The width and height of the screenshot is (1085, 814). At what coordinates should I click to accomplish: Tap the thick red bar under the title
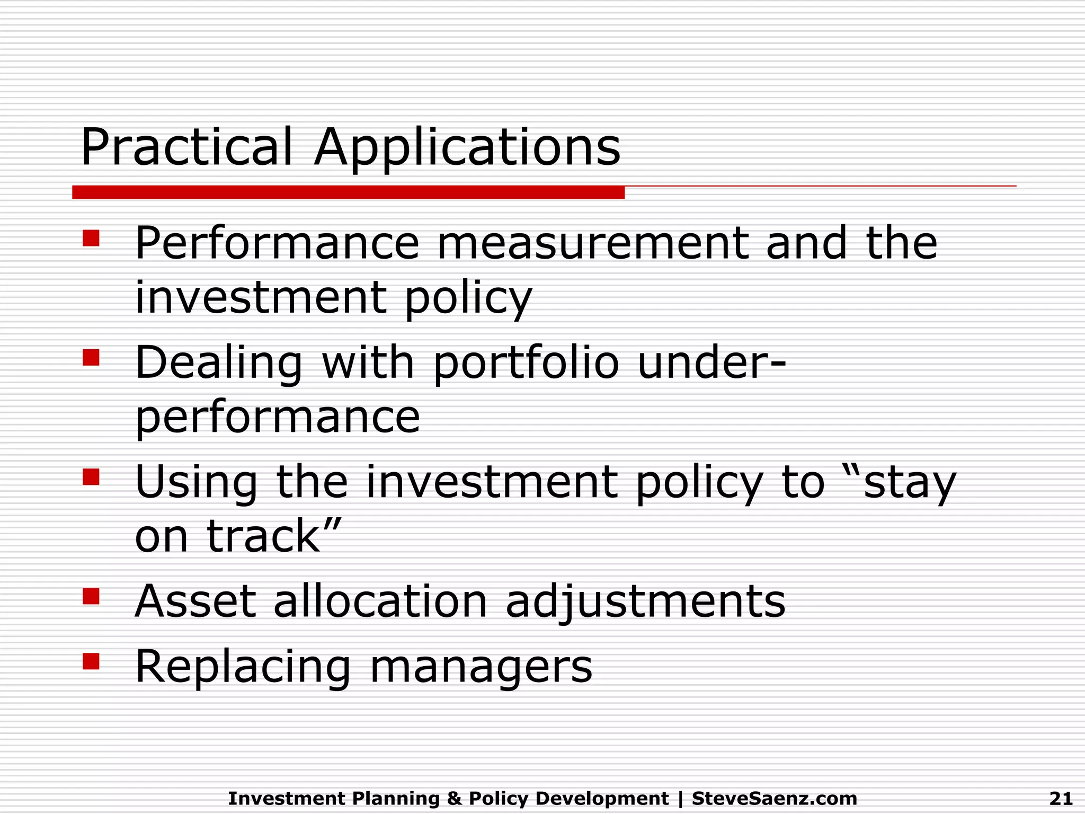point(348,192)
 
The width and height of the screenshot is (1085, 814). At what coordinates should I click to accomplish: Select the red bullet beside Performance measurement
point(91,238)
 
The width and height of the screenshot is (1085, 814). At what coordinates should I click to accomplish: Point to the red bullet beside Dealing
point(91,358)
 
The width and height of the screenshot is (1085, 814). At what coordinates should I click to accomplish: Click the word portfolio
point(526,364)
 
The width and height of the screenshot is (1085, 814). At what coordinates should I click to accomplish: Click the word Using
point(196,483)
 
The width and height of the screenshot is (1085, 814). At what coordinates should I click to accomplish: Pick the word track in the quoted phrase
point(263,536)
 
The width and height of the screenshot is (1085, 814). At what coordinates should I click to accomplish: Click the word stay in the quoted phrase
point(909,483)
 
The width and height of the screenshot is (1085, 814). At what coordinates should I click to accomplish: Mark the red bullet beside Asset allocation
point(91,596)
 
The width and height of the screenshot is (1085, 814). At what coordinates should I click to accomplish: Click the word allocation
point(380,601)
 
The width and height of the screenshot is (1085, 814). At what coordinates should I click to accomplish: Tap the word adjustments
point(645,603)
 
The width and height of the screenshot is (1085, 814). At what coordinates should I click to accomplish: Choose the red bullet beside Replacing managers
point(91,661)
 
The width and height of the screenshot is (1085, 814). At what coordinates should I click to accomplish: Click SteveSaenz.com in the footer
point(774,798)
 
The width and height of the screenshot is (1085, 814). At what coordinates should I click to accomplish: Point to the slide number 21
point(1060,798)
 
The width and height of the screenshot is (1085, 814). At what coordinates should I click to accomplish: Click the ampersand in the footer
point(454,798)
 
